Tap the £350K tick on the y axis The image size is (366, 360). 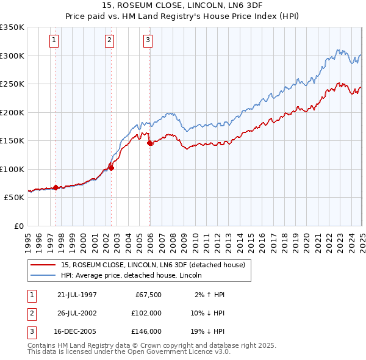click(12, 27)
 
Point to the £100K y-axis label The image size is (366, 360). click(12, 169)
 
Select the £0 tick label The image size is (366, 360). click(18, 226)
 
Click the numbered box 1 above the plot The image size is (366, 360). click(54, 41)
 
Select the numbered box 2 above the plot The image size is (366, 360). click(109, 41)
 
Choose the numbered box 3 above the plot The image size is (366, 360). click(148, 41)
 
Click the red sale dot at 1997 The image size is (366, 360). click(56, 187)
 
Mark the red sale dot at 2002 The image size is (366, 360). click(112, 168)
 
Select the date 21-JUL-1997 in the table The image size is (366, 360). click(77, 295)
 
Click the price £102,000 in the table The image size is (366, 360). click(146, 313)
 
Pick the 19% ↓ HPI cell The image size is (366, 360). click(207, 331)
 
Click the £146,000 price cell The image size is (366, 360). click(146, 331)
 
